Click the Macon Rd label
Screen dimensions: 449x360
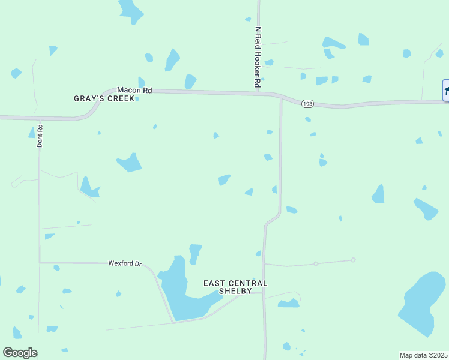(x=134, y=90)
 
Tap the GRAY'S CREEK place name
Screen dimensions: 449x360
(x=104, y=98)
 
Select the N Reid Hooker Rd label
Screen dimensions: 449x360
(x=258, y=58)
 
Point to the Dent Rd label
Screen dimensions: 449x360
(x=40, y=136)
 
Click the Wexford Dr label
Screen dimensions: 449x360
(x=125, y=263)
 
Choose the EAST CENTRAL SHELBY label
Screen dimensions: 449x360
(x=235, y=287)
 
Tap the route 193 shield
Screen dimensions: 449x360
(x=307, y=103)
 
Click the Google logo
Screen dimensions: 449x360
(x=20, y=353)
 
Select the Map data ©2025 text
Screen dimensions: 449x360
(x=424, y=355)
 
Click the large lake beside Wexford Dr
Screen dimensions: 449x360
(x=180, y=294)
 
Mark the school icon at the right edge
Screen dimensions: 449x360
(x=446, y=90)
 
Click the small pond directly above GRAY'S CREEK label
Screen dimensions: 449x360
(x=141, y=82)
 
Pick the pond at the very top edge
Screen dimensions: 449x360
(x=130, y=10)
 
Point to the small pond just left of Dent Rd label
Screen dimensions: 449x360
(x=32, y=133)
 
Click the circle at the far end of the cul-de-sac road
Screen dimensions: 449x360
(x=353, y=260)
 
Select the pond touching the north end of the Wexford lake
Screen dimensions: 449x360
(x=194, y=252)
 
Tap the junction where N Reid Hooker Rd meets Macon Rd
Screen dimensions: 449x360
(x=258, y=92)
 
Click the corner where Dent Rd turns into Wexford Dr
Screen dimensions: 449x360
(x=40, y=262)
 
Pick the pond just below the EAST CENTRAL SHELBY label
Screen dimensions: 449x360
(x=288, y=304)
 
